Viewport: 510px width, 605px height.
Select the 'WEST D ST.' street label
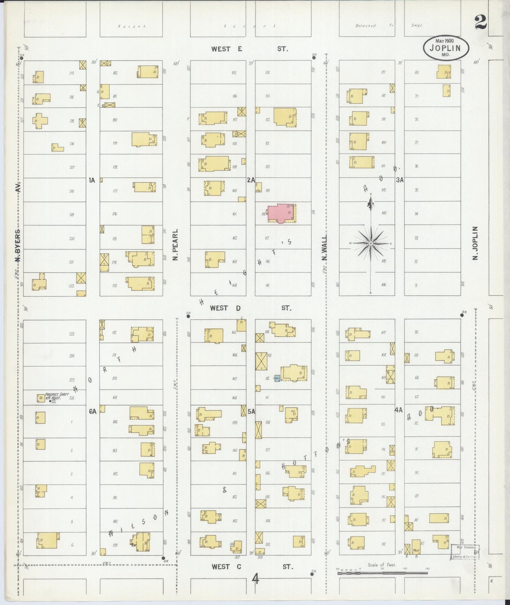click(251, 308)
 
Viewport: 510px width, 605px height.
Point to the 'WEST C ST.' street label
click(252, 567)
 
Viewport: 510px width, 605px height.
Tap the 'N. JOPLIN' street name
click(475, 244)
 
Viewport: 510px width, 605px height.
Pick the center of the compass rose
click(371, 244)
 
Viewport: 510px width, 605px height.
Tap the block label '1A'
click(92, 180)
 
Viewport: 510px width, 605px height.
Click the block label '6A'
click(92, 411)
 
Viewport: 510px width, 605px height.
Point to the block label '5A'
click(251, 411)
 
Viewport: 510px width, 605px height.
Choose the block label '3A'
click(400, 180)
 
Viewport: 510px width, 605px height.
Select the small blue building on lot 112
click(277, 378)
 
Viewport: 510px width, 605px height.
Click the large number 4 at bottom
click(256, 579)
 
